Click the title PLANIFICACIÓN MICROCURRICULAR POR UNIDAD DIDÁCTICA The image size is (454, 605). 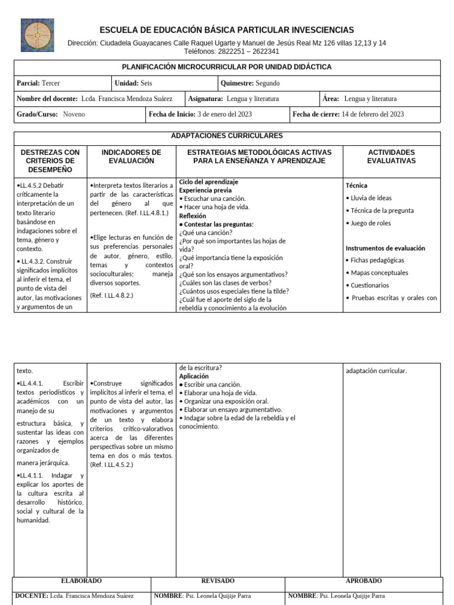226,67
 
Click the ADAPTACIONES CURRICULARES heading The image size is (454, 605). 226,136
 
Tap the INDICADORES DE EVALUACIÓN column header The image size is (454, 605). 131,157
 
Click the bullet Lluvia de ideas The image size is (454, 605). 371,198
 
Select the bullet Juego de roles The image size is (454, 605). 371,223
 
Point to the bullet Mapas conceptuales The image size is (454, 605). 379,273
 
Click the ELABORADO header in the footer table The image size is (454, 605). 81,581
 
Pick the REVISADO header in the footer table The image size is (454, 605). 218,581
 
